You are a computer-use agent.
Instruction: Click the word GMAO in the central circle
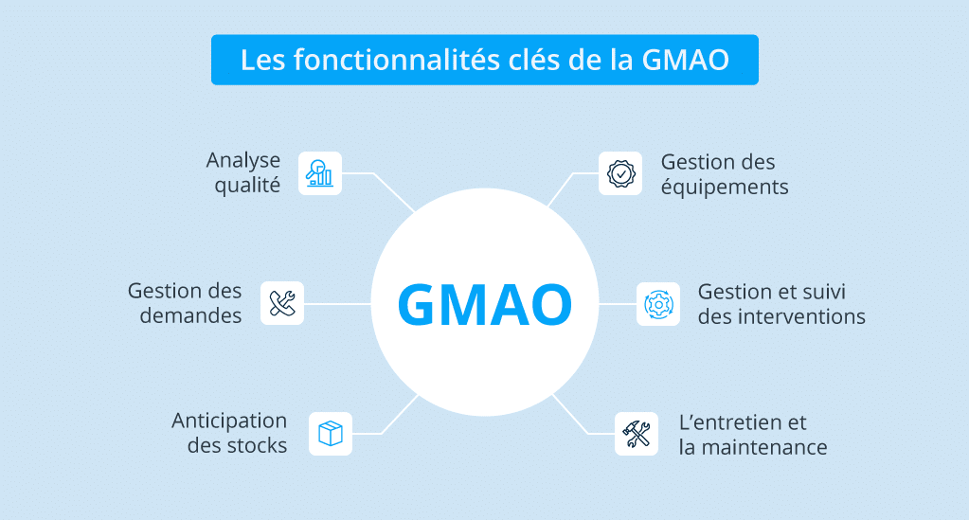[x=485, y=304]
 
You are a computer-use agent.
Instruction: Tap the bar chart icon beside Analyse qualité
[x=319, y=173]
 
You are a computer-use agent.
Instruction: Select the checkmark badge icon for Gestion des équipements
[x=620, y=173]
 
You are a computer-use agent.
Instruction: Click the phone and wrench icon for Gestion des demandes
[x=282, y=303]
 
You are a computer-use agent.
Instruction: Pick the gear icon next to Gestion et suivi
[x=658, y=304]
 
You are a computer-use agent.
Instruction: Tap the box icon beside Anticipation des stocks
[x=331, y=434]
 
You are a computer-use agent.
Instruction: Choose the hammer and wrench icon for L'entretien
[x=637, y=434]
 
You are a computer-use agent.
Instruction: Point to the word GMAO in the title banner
[x=686, y=61]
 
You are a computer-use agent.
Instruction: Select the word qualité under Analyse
[x=247, y=186]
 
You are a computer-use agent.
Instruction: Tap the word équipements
[x=725, y=187]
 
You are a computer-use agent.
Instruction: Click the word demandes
[x=190, y=315]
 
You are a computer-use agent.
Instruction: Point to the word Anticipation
[x=229, y=421]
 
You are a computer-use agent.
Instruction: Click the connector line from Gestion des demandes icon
[x=337, y=304]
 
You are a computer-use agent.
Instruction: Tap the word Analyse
[x=242, y=161]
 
